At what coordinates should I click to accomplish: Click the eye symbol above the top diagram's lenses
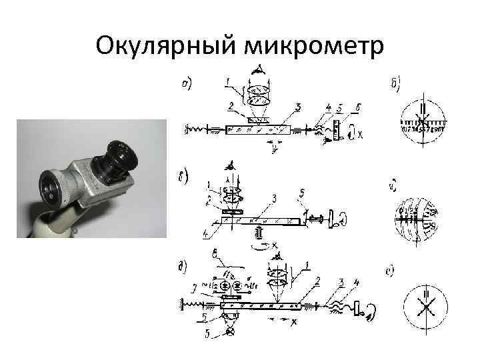click(257, 69)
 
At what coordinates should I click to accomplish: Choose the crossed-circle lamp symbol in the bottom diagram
click(231, 331)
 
